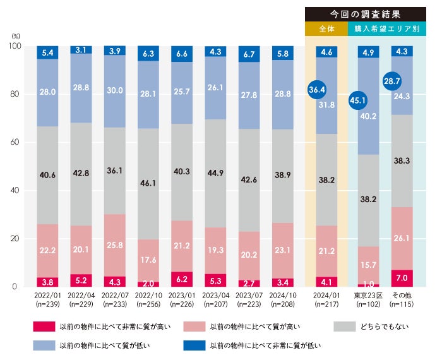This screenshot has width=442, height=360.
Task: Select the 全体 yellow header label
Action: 326,29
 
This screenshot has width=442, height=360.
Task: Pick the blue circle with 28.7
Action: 392,81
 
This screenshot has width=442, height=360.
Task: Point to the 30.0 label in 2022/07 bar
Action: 115,90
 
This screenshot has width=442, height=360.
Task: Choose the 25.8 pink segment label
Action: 115,243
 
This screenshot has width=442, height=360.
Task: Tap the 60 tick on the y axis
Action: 16,143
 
